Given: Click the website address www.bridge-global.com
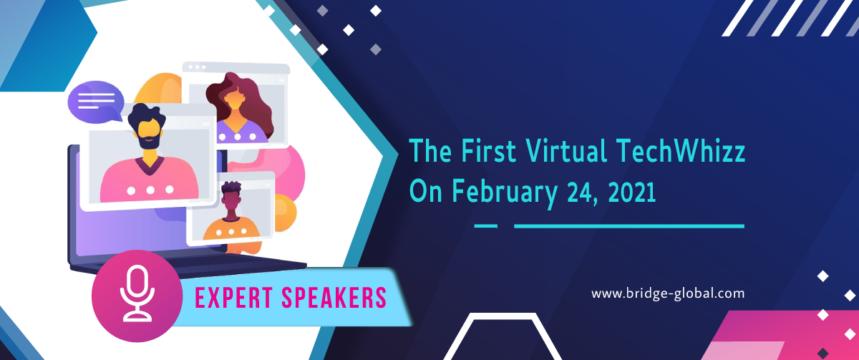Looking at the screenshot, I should [668, 293].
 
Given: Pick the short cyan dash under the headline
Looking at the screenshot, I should [486, 226].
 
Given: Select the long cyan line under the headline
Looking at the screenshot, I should [629, 226].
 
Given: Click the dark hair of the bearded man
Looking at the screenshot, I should [147, 114].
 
